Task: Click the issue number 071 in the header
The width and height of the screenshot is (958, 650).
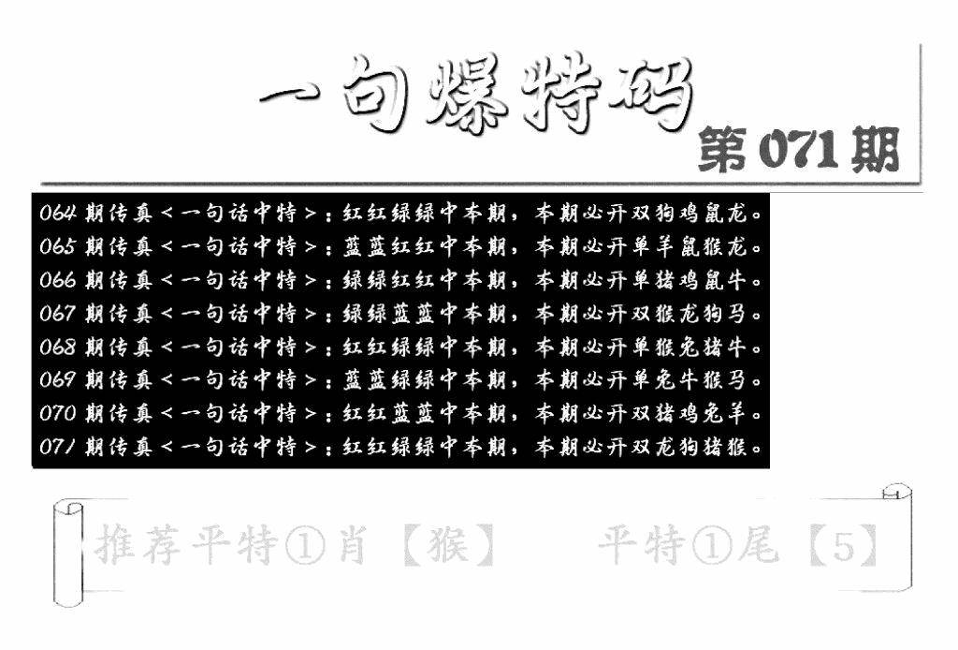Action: (799, 151)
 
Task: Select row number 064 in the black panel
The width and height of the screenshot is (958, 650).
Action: (58, 213)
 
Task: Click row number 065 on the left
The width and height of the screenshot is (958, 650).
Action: (58, 246)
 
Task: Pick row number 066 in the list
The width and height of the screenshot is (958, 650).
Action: (58, 280)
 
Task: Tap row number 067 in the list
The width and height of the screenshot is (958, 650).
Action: (58, 314)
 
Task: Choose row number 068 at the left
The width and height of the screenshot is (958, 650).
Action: (58, 347)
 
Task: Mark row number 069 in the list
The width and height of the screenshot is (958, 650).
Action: (58, 380)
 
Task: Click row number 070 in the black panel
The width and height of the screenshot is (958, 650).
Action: (58, 413)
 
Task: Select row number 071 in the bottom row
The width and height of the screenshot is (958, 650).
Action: (58, 447)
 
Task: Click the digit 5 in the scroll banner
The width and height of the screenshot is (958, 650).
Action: (844, 545)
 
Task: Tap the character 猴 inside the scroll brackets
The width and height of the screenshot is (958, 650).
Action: (448, 545)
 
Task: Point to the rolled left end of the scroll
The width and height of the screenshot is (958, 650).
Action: (67, 554)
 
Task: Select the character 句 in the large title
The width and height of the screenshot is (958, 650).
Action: (374, 95)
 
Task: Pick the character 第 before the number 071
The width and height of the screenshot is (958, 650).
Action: (721, 151)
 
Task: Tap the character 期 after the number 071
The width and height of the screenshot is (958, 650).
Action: (875, 151)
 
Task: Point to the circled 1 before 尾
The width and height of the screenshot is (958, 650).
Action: (712, 546)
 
